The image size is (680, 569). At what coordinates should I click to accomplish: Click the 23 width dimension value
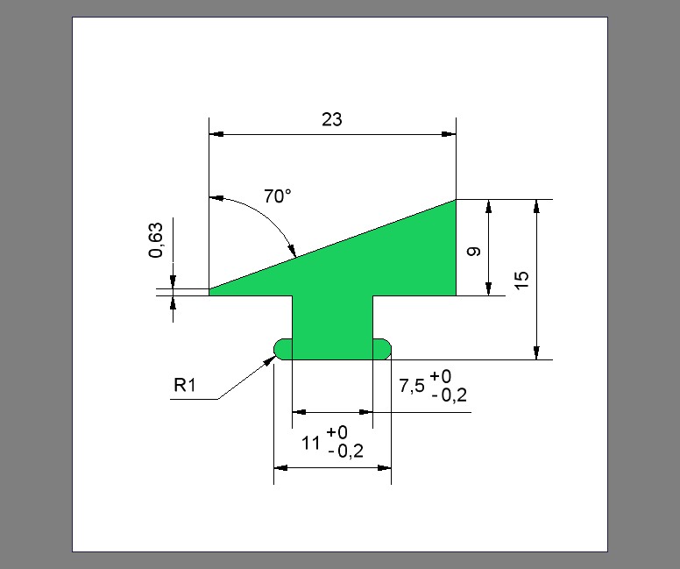332,119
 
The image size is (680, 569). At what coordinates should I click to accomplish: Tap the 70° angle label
278,196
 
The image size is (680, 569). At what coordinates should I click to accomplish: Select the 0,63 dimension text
156,240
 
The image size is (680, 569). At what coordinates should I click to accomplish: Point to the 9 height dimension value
474,252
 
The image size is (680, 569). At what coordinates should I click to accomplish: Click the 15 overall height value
521,280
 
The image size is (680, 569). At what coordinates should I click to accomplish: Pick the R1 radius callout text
185,385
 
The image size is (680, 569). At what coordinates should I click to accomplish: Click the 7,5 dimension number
412,386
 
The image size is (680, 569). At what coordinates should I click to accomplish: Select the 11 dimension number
310,443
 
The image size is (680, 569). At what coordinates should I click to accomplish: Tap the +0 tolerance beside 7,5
441,376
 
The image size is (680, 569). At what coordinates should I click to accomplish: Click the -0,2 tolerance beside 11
345,452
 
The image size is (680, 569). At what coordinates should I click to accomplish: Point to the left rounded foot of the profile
283,349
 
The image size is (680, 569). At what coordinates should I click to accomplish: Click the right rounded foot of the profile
382,349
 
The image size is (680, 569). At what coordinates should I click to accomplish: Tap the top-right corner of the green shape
456,200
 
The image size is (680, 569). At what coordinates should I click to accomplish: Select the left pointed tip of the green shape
209,290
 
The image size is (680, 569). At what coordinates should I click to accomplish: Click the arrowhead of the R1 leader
271,359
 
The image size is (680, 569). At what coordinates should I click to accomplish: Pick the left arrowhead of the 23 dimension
216,134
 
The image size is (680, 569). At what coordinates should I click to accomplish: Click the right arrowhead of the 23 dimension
449,134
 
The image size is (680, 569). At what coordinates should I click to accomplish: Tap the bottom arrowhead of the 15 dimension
537,352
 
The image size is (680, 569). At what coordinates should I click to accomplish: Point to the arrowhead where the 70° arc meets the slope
292,251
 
